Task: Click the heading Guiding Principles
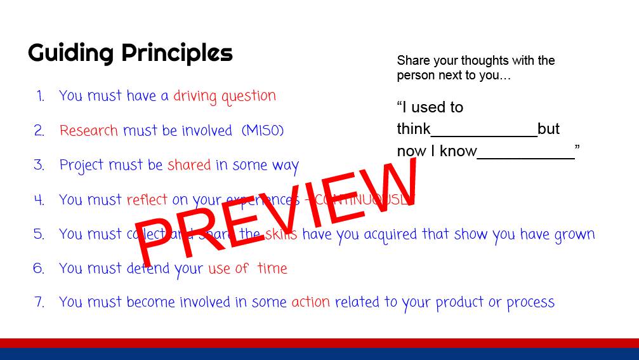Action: click(130, 53)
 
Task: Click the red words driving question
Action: click(225, 97)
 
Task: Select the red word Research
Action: click(89, 131)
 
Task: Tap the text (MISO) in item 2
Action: click(263, 131)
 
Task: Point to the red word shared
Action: click(189, 165)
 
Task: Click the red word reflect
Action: click(147, 199)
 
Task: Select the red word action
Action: click(310, 302)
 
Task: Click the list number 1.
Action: click(40, 97)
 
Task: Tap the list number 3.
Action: click(39, 165)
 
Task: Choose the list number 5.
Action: click(39, 234)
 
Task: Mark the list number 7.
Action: click(39, 302)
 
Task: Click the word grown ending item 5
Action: click(575, 235)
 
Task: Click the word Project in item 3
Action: click(82, 166)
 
